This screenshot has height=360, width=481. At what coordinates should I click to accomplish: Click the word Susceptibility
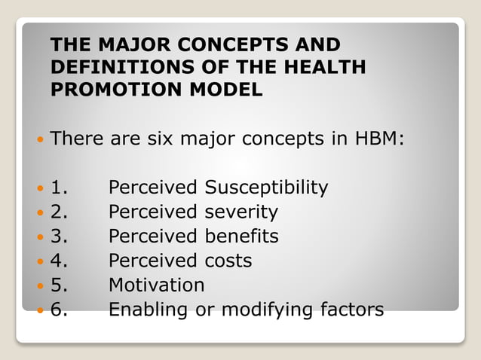pyautogui.click(x=267, y=188)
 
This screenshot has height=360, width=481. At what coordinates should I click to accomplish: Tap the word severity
pyautogui.click(x=241, y=212)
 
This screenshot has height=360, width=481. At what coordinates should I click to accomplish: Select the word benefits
pyautogui.click(x=241, y=236)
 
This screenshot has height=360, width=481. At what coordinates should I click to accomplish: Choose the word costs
pyautogui.click(x=228, y=261)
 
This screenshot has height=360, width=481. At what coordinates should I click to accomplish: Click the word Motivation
pyautogui.click(x=156, y=285)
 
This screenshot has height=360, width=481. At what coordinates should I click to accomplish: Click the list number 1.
pyautogui.click(x=59, y=188)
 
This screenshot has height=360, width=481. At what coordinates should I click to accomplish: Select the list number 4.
pyautogui.click(x=59, y=261)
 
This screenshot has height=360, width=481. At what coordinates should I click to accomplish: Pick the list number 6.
pyautogui.click(x=59, y=310)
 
